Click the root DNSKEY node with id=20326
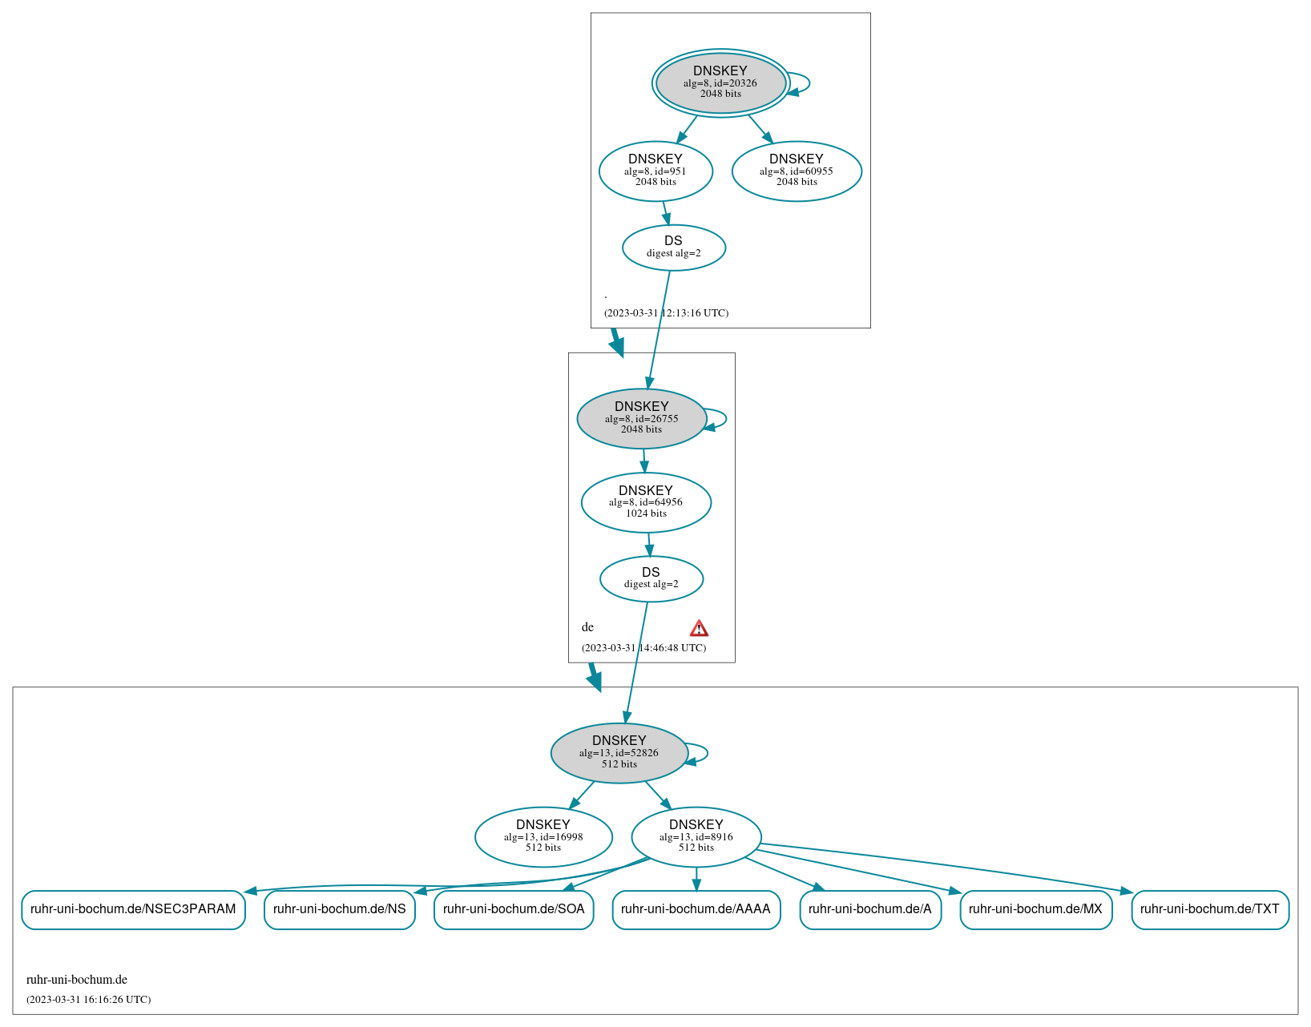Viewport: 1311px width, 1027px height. click(720, 83)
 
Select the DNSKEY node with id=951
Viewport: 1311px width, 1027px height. click(655, 171)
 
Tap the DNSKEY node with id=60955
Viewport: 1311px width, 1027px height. click(797, 171)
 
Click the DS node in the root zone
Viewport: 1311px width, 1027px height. click(673, 248)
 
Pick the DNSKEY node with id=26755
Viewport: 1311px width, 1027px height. click(641, 418)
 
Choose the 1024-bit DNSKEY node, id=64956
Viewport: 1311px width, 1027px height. click(646, 502)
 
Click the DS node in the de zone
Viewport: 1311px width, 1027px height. click(651, 578)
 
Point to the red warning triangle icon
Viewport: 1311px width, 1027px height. click(699, 628)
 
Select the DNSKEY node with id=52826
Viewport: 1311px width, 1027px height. click(619, 753)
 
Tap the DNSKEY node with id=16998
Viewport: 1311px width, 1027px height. click(543, 836)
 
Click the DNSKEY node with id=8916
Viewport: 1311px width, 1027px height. click(696, 836)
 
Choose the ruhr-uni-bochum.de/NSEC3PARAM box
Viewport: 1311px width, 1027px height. click(133, 909)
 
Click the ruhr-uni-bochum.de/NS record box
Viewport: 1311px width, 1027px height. click(340, 909)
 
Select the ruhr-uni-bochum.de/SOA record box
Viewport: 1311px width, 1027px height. click(514, 909)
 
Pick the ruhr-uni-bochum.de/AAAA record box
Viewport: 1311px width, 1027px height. click(696, 909)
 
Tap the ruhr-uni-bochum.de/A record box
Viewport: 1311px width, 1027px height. click(870, 909)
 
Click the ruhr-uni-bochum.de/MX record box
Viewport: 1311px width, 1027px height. click(1035, 909)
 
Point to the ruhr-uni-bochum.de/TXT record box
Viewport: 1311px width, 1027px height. click(1210, 909)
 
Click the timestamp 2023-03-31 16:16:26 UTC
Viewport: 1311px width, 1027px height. click(88, 1000)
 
